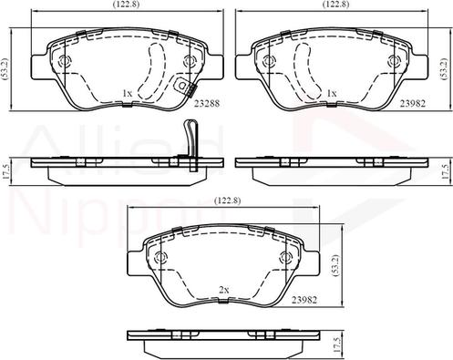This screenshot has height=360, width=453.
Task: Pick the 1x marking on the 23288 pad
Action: (128, 94)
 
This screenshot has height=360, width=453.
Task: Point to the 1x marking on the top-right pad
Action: (332, 94)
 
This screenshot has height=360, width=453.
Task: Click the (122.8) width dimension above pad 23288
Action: (125, 5)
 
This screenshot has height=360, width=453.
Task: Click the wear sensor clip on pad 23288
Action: (185, 87)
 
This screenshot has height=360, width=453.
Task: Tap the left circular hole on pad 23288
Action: (66, 63)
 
